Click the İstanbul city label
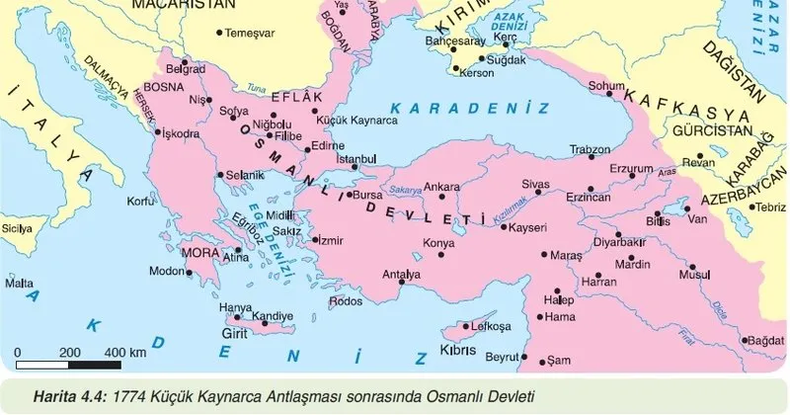(x=357, y=159)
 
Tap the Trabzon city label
(x=591, y=149)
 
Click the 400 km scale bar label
(x=124, y=352)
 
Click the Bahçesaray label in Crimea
(x=453, y=44)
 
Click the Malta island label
(x=19, y=283)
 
